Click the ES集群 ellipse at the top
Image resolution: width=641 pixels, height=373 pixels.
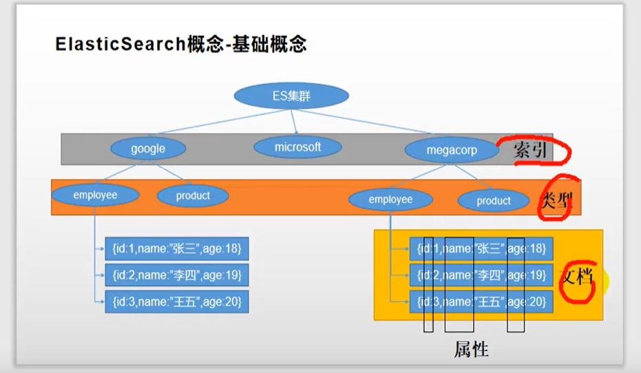point(291,96)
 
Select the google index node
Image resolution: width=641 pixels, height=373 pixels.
point(148,148)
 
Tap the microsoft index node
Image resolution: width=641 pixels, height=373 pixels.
point(297,147)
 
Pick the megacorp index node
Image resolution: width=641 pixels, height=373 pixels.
point(451,150)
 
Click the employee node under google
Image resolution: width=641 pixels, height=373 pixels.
point(95,195)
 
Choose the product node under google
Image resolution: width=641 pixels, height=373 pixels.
point(193,195)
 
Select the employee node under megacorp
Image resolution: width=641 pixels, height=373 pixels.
point(390,200)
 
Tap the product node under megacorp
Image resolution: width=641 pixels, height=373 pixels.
point(494,200)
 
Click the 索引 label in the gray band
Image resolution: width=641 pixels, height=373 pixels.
point(530,150)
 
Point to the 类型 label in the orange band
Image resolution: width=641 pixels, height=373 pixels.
point(557,200)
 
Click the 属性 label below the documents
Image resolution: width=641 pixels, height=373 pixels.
point(471,349)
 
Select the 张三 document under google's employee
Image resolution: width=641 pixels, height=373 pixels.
point(176,248)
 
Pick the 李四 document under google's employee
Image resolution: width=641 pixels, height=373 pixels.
point(176,275)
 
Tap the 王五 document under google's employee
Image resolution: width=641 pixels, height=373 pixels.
point(176,301)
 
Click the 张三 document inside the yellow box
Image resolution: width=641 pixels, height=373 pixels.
point(481,248)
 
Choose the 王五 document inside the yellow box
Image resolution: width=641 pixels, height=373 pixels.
point(481,301)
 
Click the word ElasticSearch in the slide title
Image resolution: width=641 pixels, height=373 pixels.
point(120,45)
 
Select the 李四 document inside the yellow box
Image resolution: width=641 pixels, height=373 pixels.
point(481,275)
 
